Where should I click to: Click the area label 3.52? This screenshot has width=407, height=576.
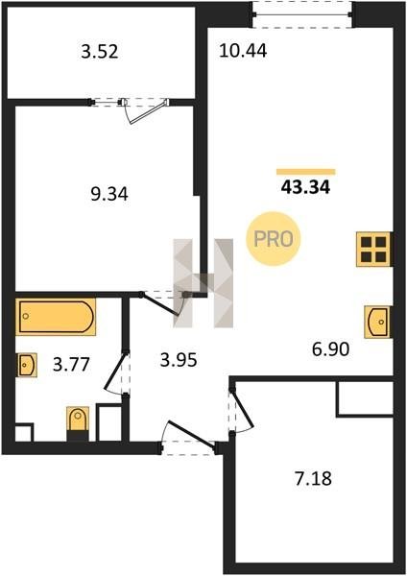pos(100,52)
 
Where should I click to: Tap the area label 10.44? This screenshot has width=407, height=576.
pos(243,50)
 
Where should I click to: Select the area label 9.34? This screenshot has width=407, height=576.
pos(109,194)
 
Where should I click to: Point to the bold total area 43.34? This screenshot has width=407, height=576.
pos(305,187)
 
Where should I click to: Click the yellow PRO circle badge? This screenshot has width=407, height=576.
pos(274,239)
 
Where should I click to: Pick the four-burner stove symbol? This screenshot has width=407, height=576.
pos(373,249)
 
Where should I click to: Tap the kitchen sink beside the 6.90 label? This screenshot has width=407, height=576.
pos(377,322)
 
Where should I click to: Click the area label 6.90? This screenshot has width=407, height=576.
pos(330,349)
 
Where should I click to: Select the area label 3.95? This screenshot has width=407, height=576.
pos(179,360)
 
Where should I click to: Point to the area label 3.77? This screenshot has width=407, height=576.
pos(71,365)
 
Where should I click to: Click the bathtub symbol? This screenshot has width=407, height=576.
pos(56,317)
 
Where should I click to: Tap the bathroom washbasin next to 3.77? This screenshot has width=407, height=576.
pos(27,365)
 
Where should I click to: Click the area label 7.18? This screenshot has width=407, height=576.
pos(313,479)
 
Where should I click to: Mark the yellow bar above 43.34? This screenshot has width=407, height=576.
pos(306,172)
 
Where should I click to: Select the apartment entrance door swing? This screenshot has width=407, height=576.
pos(188,438)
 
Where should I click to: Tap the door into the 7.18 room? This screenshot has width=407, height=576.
pos(241,409)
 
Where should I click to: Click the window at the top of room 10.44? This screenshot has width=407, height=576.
pos(302,14)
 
